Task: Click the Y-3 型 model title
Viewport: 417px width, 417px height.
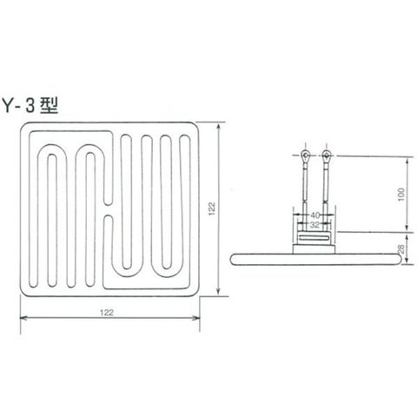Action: (30, 105)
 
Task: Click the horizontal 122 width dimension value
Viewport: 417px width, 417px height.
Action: (107, 313)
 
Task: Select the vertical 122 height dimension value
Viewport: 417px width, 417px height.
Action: (212, 208)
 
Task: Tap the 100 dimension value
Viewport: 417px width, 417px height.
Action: (401, 195)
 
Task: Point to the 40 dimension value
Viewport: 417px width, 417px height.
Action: (314, 215)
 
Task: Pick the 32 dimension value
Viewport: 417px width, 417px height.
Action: (314, 224)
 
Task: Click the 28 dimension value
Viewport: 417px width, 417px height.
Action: (401, 248)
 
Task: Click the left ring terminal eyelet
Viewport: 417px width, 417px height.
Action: (305, 156)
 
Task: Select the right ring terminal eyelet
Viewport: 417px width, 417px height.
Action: (327, 156)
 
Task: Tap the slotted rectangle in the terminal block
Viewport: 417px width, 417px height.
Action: (314, 238)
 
